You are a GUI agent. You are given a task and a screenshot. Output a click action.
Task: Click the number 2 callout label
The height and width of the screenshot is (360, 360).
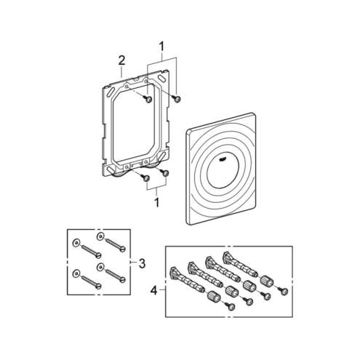point(121,60)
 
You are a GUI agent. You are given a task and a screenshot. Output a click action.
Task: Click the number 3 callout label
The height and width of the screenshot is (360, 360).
point(142,263)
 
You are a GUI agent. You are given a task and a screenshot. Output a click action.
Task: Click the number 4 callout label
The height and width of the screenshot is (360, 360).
point(154,289)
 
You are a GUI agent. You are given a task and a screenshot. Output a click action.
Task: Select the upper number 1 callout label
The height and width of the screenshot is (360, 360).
point(161,47)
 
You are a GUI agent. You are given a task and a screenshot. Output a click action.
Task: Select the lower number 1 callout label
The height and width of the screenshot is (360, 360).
point(157,202)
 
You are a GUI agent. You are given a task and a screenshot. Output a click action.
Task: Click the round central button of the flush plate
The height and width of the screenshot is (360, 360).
point(224,172)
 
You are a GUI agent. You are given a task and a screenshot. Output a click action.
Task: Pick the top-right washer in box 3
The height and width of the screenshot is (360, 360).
point(100,236)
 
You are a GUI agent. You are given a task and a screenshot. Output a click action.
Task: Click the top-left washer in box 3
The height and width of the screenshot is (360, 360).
point(76,243)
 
